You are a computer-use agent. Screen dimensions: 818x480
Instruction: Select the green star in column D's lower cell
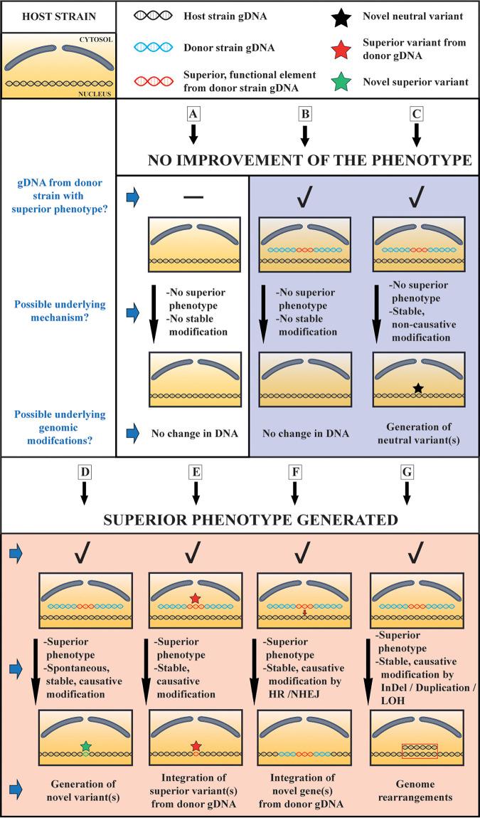tap(85, 745)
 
